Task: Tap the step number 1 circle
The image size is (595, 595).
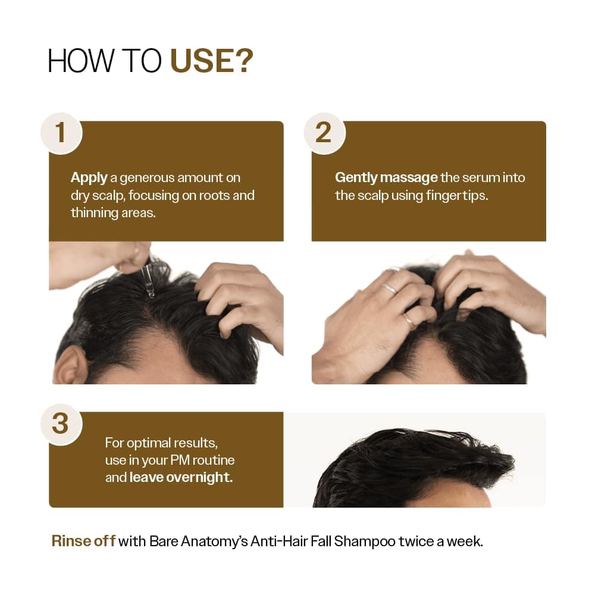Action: coord(61,132)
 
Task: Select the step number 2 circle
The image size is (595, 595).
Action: coord(324,132)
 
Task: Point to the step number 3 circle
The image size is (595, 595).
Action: coord(61,423)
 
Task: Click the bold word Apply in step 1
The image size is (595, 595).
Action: coord(89,177)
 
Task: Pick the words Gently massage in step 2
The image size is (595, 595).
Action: coord(386,177)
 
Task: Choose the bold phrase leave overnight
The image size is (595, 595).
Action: coord(181,477)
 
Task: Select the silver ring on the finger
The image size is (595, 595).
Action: coord(390,288)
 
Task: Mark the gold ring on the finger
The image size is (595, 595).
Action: coord(409,321)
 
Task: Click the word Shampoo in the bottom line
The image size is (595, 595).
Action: coord(360,541)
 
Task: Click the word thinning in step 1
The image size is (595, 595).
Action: coord(94,212)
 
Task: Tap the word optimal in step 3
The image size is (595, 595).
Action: coord(147,443)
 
